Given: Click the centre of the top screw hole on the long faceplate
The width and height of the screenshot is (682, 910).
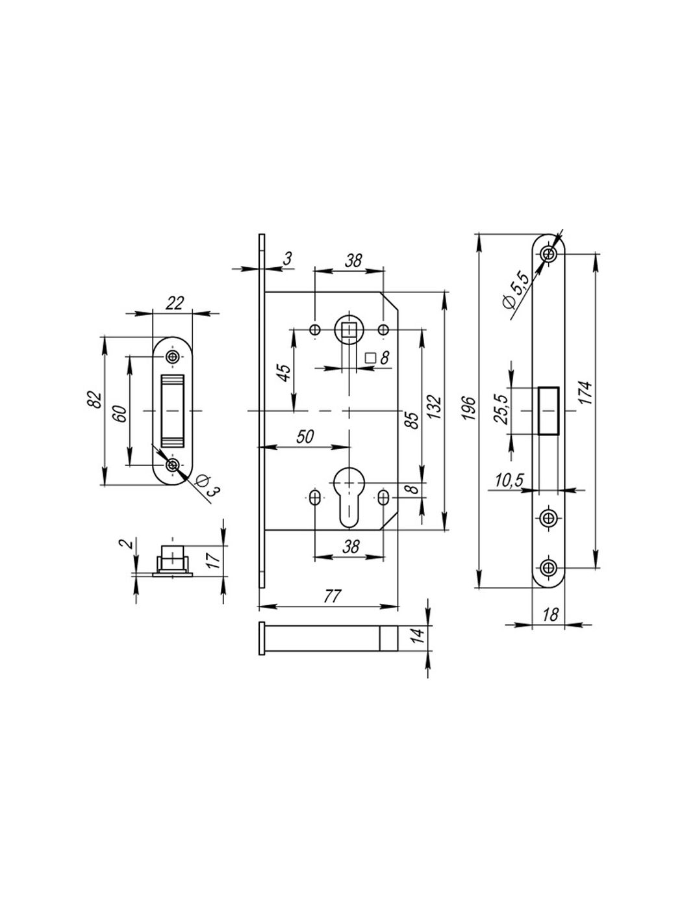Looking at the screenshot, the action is [549, 253].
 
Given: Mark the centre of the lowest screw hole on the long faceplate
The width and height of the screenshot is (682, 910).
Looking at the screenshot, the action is [549, 567].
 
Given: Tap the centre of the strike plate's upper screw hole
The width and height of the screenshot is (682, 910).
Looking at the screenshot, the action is [172, 356].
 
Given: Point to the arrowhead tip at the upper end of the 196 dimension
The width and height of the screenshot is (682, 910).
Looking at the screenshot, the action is [479, 234].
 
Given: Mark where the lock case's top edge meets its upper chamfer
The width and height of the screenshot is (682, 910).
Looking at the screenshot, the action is [381, 292].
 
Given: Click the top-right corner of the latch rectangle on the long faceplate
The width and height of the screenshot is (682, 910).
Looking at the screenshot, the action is [559, 387].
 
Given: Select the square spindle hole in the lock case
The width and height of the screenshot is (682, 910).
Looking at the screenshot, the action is [349, 330].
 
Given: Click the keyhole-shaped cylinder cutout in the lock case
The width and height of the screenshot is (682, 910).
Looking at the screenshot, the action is [349, 497].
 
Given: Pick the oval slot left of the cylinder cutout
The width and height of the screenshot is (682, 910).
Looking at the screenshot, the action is [315, 497].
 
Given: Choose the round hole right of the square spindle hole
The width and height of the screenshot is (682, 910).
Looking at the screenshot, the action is [383, 330].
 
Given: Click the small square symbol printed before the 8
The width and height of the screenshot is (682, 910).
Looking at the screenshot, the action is [370, 357].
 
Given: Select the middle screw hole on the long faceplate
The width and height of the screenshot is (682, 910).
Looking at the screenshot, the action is [549, 518].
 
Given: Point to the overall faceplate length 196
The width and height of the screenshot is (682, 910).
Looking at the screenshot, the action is [468, 408].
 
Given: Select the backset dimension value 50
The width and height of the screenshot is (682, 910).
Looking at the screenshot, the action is [305, 437].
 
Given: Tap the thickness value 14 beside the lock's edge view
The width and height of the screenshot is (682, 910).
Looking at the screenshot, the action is [418, 636].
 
